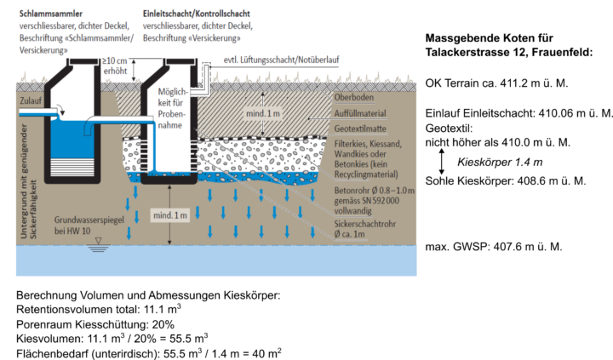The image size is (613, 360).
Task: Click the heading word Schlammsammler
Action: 51,14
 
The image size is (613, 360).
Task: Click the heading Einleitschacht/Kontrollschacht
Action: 197,14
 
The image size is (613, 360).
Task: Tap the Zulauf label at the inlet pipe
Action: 31,100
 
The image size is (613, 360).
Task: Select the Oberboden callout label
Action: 354,97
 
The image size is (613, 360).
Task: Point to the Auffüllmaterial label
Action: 360,113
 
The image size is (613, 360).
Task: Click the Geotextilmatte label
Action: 360,129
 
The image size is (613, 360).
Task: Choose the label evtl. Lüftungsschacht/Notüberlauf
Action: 282,60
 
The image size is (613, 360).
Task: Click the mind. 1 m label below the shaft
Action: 170,215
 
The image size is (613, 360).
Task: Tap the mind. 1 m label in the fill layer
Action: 263,114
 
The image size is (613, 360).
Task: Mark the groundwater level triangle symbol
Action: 99,241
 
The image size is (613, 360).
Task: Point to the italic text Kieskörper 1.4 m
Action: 500,163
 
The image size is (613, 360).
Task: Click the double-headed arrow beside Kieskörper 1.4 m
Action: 442,162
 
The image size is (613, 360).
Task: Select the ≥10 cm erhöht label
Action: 115,66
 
